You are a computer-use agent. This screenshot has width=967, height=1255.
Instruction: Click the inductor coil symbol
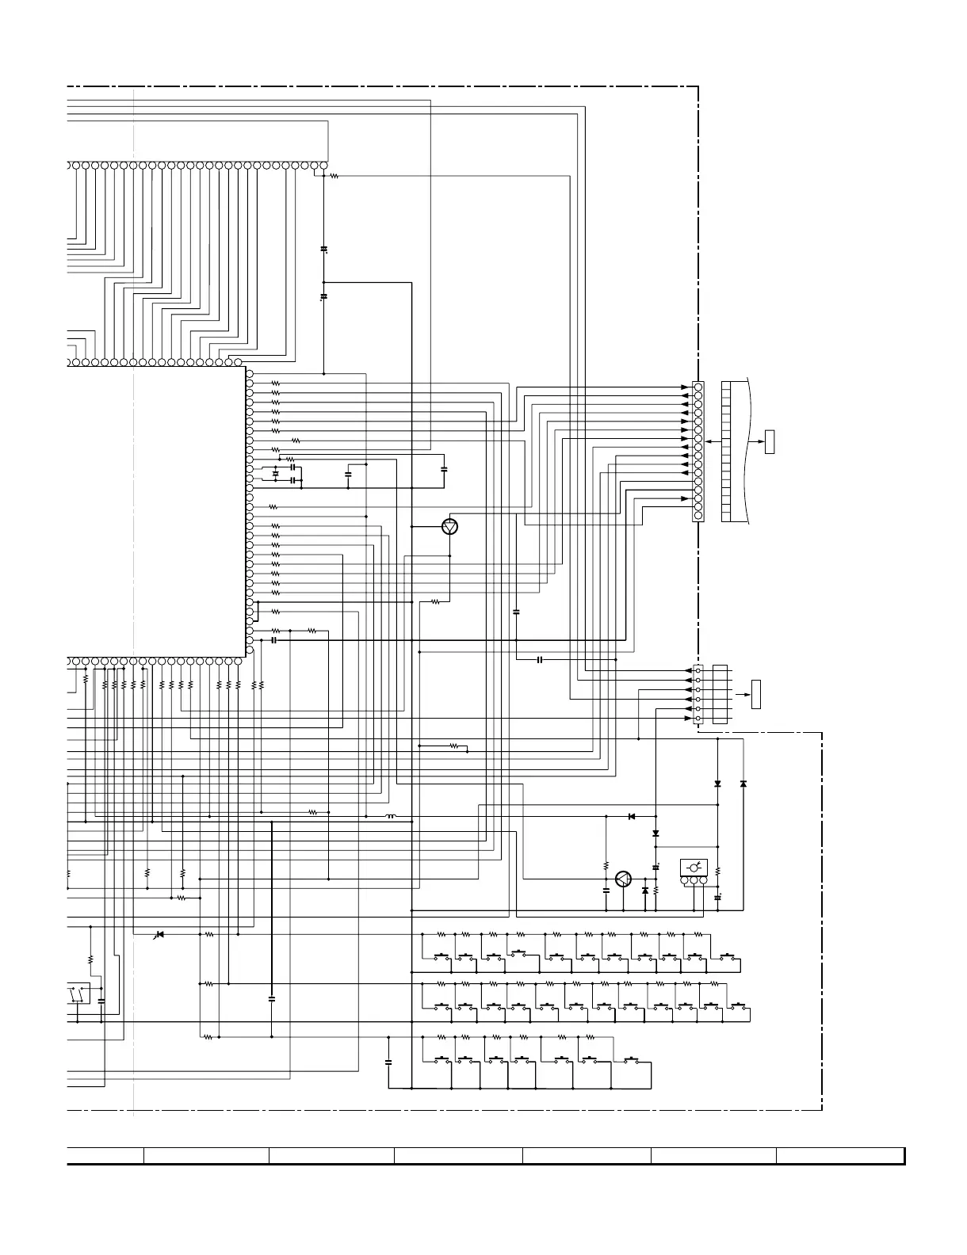tap(390, 816)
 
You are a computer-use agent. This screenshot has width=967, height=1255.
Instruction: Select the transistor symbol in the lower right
tap(623, 879)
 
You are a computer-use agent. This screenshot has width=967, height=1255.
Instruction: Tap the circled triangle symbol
tap(450, 526)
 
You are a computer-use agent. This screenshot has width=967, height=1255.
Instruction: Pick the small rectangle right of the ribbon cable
tap(769, 441)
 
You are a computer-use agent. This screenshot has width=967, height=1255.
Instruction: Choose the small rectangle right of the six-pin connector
tap(756, 694)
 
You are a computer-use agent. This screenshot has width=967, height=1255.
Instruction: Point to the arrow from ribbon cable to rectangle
tap(756, 441)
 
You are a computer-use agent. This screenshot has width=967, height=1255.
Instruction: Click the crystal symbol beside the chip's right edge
tap(275, 474)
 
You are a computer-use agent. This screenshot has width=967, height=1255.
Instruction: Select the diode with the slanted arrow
tap(159, 935)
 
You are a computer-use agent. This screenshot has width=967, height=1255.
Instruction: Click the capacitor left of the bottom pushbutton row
tap(388, 1062)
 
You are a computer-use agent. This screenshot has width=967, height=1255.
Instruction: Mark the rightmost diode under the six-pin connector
tap(743, 784)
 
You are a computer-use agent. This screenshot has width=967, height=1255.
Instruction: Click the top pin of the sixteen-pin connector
tap(698, 387)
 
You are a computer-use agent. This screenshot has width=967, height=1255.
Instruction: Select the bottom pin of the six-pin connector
tap(698, 719)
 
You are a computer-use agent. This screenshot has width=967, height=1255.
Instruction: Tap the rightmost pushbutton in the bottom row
tap(632, 1059)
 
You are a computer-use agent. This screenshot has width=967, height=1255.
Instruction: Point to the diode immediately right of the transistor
tap(644, 891)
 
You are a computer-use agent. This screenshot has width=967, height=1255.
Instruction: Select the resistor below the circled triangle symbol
tap(435, 602)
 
